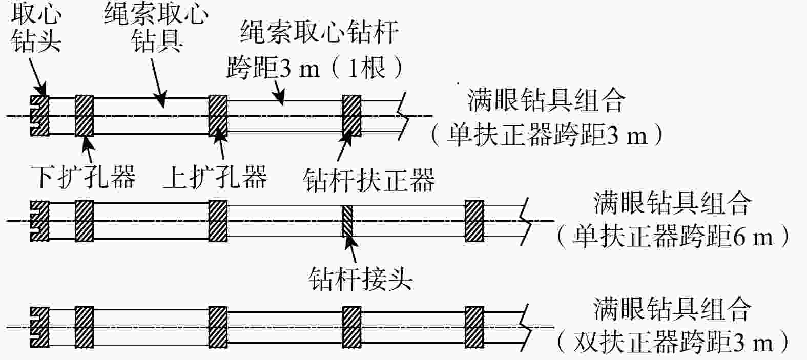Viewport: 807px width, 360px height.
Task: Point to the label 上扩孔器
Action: coord(215,178)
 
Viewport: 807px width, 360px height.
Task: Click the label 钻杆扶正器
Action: coord(369,180)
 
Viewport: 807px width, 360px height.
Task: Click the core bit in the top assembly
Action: coord(39,116)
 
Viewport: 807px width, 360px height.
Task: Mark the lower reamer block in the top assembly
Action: coord(84,116)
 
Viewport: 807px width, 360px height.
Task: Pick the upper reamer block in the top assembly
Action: coord(218,116)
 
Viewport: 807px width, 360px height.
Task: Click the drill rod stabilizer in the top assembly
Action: coord(351,116)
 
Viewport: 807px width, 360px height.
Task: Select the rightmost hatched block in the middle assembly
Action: coord(474,221)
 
